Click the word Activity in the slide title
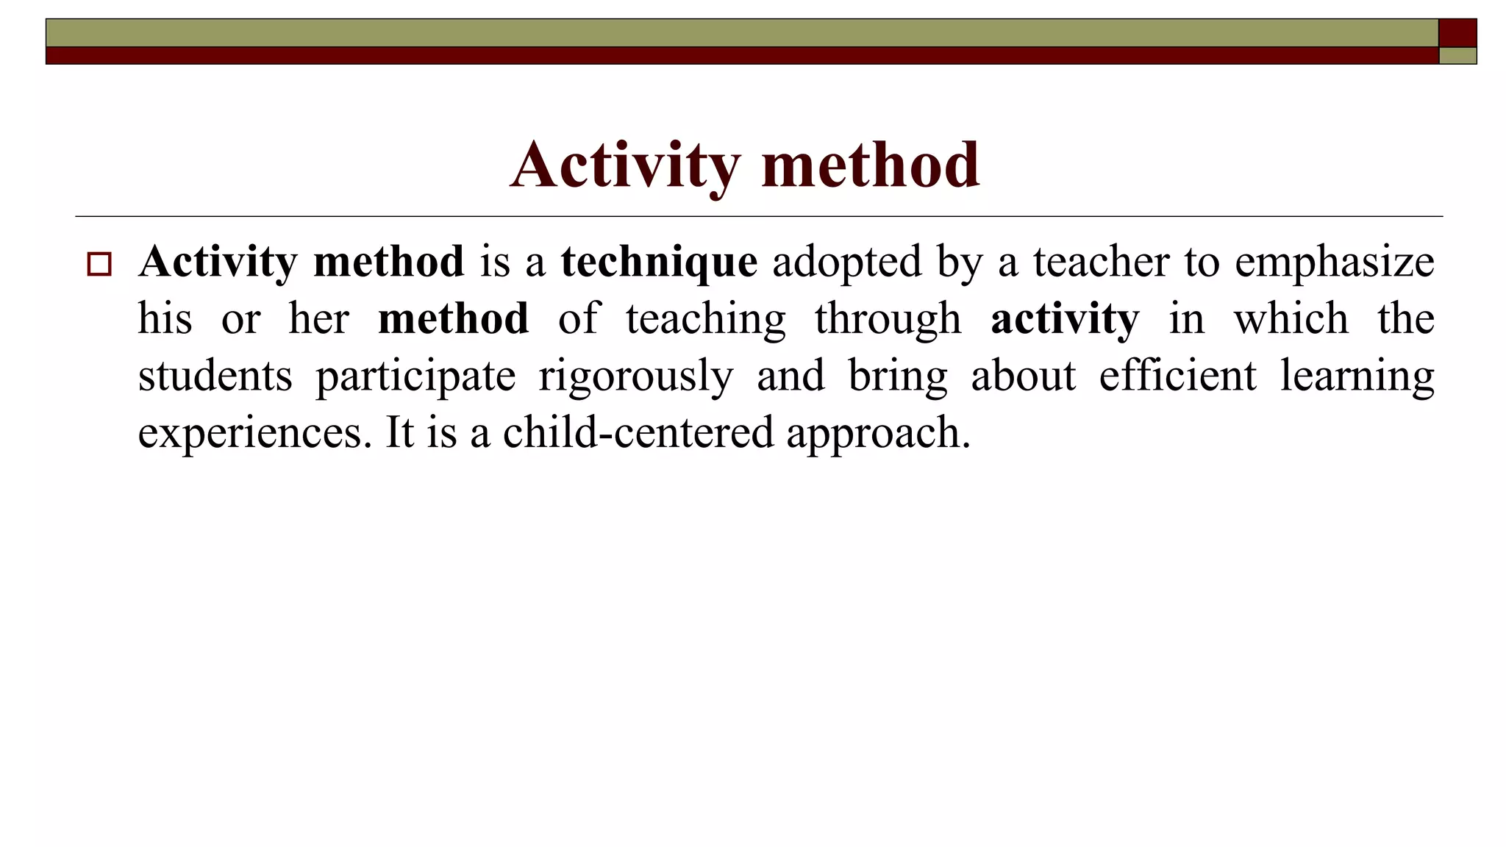(x=625, y=165)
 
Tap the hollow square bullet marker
(x=99, y=264)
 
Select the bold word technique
(x=659, y=262)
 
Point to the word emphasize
(x=1334, y=262)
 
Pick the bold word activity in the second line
(x=1065, y=319)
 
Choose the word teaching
(x=706, y=319)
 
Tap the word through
(x=888, y=319)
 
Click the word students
(x=215, y=376)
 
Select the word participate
(x=415, y=376)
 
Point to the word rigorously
(x=635, y=376)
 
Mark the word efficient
(x=1177, y=376)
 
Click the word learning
(x=1357, y=376)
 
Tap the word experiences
(x=250, y=432)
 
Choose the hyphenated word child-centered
(x=638, y=432)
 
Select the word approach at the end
(x=878, y=432)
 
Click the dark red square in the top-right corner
(x=1457, y=33)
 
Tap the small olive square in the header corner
(x=1457, y=56)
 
